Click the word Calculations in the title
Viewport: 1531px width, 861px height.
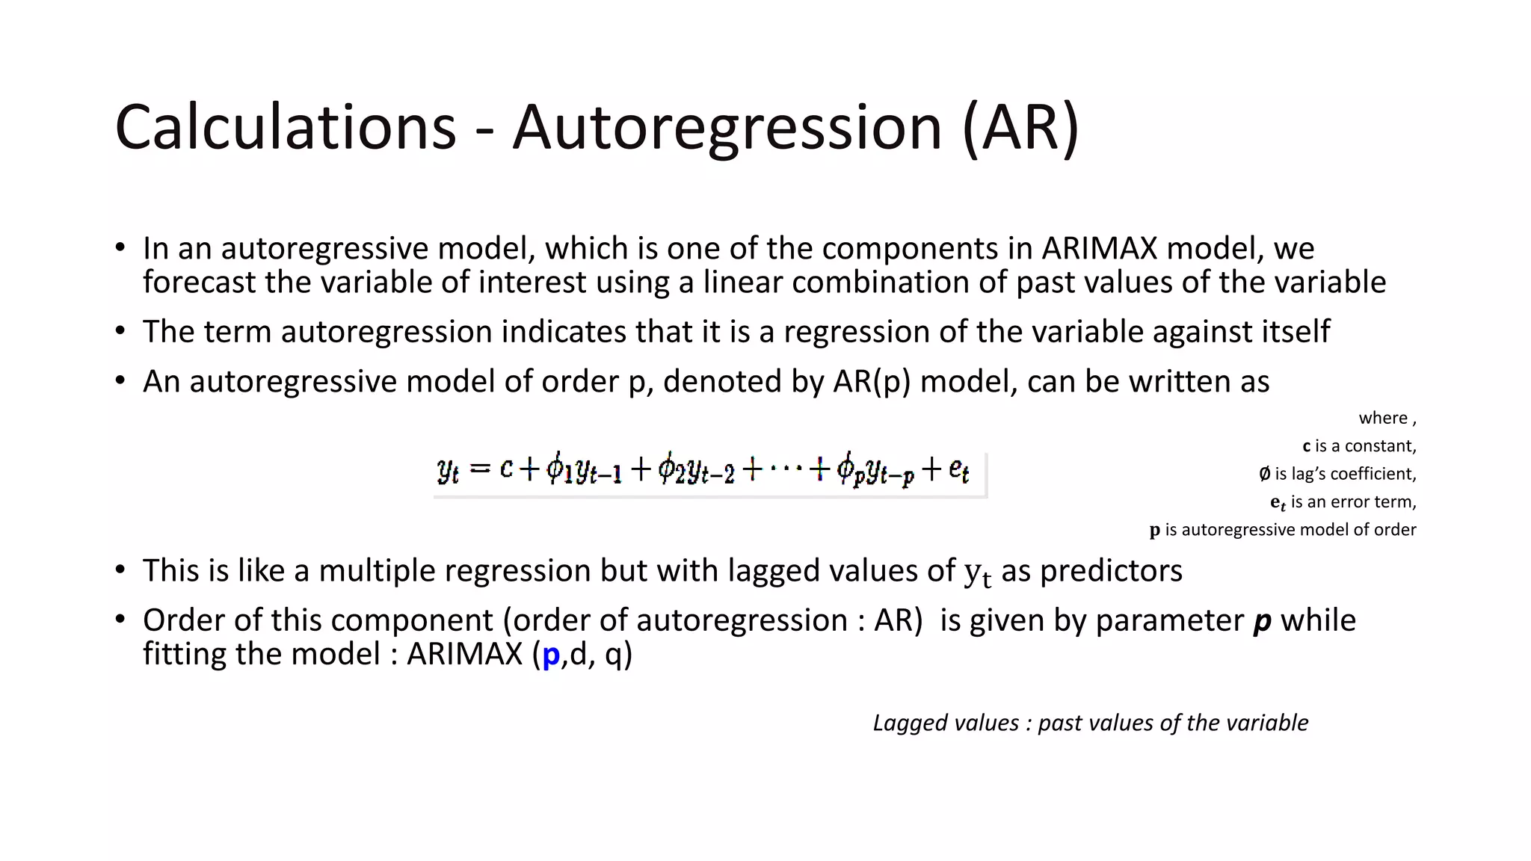(x=286, y=127)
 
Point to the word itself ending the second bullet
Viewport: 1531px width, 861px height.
(x=1296, y=331)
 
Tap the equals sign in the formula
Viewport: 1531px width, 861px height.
(x=480, y=469)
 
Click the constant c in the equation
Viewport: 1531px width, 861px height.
(x=506, y=469)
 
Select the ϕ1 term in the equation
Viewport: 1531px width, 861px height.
(x=558, y=469)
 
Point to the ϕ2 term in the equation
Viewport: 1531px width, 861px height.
(x=671, y=469)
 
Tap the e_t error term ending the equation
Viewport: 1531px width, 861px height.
(x=959, y=470)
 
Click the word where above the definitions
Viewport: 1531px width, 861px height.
(x=1383, y=418)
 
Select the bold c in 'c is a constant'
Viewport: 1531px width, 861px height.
(x=1306, y=446)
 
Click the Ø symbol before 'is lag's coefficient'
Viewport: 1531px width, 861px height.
(x=1264, y=474)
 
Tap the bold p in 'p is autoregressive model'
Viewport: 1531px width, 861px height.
(x=1155, y=530)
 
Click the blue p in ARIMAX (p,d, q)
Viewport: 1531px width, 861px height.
(x=551, y=655)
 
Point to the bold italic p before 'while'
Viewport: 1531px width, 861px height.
(x=1262, y=621)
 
